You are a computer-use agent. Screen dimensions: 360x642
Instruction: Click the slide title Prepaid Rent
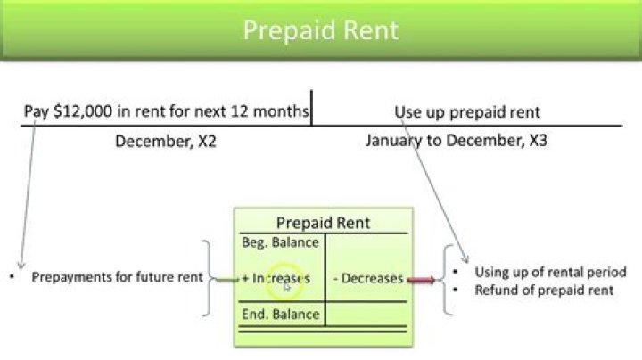(x=321, y=30)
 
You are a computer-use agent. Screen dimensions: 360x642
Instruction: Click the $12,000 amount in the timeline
(x=78, y=112)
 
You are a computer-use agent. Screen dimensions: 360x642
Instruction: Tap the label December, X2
(x=165, y=141)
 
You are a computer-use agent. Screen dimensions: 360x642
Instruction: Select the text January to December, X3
(x=456, y=141)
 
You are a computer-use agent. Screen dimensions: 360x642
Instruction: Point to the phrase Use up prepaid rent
(x=467, y=112)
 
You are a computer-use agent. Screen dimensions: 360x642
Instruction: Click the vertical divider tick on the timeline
(x=311, y=107)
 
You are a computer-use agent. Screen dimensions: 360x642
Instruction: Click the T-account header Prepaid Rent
(x=323, y=223)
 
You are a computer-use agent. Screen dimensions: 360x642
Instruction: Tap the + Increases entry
(x=276, y=278)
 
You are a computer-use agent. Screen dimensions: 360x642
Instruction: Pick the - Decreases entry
(x=368, y=278)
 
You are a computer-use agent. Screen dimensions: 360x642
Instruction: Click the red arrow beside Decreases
(x=422, y=280)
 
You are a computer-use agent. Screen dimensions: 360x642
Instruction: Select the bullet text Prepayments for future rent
(x=116, y=277)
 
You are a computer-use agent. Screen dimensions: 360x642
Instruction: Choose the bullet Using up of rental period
(x=550, y=272)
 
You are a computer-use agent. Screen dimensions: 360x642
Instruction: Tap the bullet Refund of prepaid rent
(x=544, y=290)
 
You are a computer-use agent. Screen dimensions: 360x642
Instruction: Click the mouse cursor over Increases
(x=287, y=287)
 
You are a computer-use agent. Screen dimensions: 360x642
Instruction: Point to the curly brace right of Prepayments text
(x=209, y=278)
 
